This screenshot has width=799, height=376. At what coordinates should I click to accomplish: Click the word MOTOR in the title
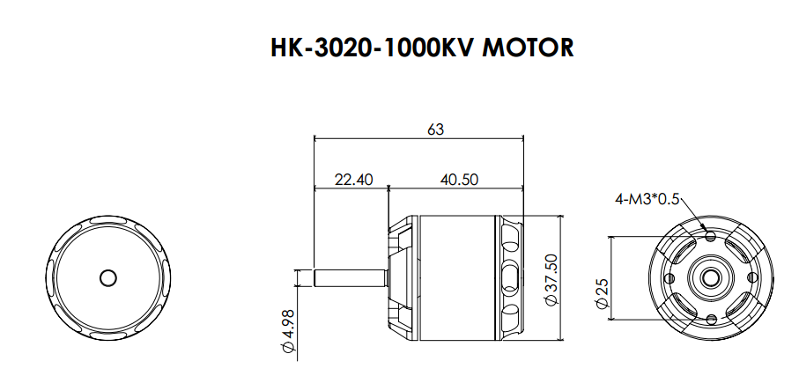pos(528,48)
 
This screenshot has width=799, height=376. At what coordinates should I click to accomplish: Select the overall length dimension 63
pos(436,129)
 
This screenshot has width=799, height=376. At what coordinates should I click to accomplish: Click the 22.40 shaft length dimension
pos(353,180)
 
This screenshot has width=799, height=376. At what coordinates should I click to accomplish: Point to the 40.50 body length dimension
pos(459,180)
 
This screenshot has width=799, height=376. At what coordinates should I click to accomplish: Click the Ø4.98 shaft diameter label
pos(288,331)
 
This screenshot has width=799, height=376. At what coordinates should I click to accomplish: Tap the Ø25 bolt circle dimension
pos(602,293)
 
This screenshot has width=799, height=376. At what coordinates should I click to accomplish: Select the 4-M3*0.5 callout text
pos(647,199)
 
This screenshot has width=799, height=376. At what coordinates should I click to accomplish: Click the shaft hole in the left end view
pos(108,278)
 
